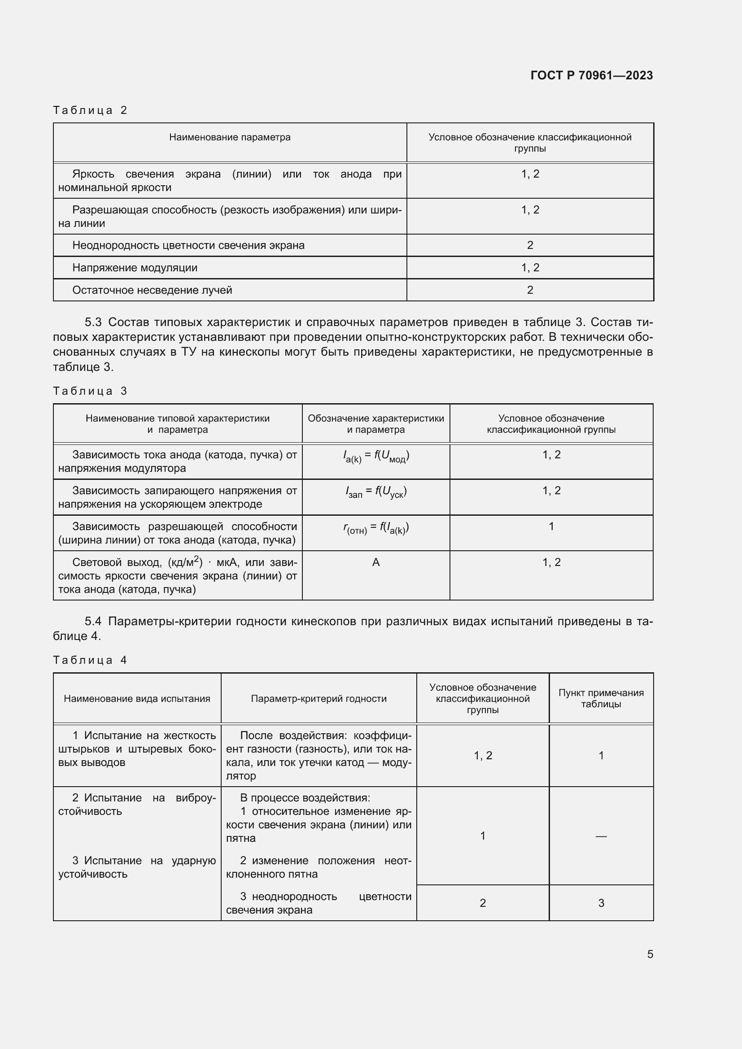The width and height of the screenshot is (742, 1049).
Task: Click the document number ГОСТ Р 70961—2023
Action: [591, 75]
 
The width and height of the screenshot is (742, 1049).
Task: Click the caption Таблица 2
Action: [90, 110]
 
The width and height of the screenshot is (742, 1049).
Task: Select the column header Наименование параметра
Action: [229, 137]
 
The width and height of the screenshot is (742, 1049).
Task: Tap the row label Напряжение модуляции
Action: [135, 268]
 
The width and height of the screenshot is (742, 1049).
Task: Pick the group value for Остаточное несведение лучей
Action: [529, 290]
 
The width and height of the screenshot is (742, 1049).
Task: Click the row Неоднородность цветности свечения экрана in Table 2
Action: [188, 245]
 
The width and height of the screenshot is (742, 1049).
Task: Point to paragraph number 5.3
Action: [93, 322]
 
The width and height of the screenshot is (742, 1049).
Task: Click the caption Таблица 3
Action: [90, 391]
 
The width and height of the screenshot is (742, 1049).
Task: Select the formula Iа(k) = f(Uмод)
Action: [375, 456]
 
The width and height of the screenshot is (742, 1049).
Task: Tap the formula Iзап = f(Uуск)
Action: [375, 492]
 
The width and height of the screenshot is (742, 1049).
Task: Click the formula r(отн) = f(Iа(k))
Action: [375, 528]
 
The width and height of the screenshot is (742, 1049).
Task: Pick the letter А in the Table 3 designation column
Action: [375, 562]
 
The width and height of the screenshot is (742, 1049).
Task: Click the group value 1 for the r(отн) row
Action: [551, 527]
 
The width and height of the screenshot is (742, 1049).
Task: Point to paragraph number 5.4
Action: [93, 621]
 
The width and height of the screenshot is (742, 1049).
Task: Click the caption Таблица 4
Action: [90, 660]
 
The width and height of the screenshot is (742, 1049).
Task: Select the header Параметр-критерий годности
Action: [319, 699]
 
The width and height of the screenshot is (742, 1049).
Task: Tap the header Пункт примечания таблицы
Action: [600, 698]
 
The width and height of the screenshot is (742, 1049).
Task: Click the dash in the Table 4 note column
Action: [601, 836]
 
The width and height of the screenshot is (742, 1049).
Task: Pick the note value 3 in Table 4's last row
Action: [601, 903]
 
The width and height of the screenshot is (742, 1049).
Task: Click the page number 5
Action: [650, 954]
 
